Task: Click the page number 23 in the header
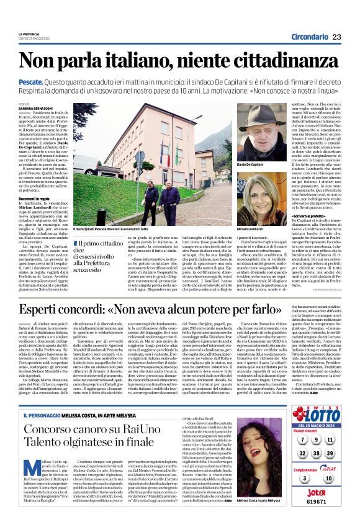tap(336, 37)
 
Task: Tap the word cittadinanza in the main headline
tap(276, 61)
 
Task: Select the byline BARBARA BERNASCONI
tap(35, 107)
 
